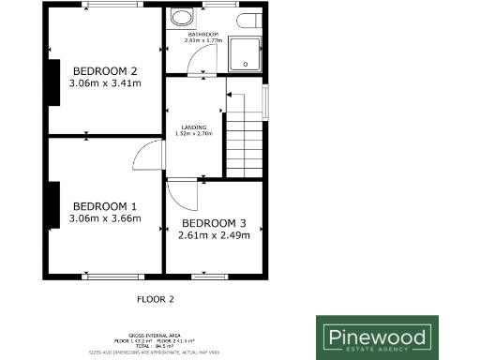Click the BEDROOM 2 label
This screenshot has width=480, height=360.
tap(105, 70)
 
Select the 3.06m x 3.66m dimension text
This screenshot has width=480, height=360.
tap(105, 219)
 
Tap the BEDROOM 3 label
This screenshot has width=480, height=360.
tap(214, 222)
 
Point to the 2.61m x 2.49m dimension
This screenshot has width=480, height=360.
tap(214, 235)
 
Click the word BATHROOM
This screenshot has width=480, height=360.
tap(201, 35)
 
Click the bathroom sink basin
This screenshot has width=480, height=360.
tap(180, 20)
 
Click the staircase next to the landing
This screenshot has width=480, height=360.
tap(246, 136)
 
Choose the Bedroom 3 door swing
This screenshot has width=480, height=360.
tap(184, 195)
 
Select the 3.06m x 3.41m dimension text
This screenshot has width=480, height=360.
tap(105, 83)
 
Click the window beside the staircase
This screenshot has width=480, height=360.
tap(266, 99)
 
